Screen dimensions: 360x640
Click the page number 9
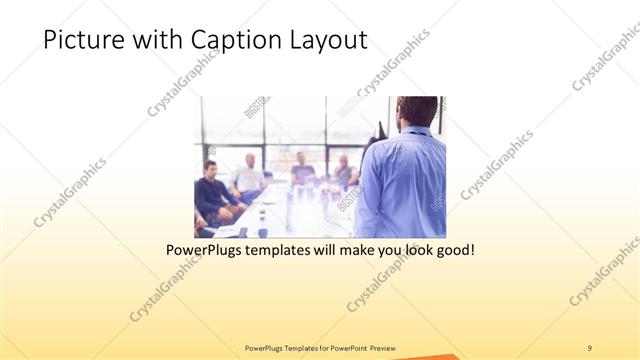coord(590,348)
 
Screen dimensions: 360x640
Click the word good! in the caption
coord(453,249)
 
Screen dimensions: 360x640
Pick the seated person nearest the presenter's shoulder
coord(345,172)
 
